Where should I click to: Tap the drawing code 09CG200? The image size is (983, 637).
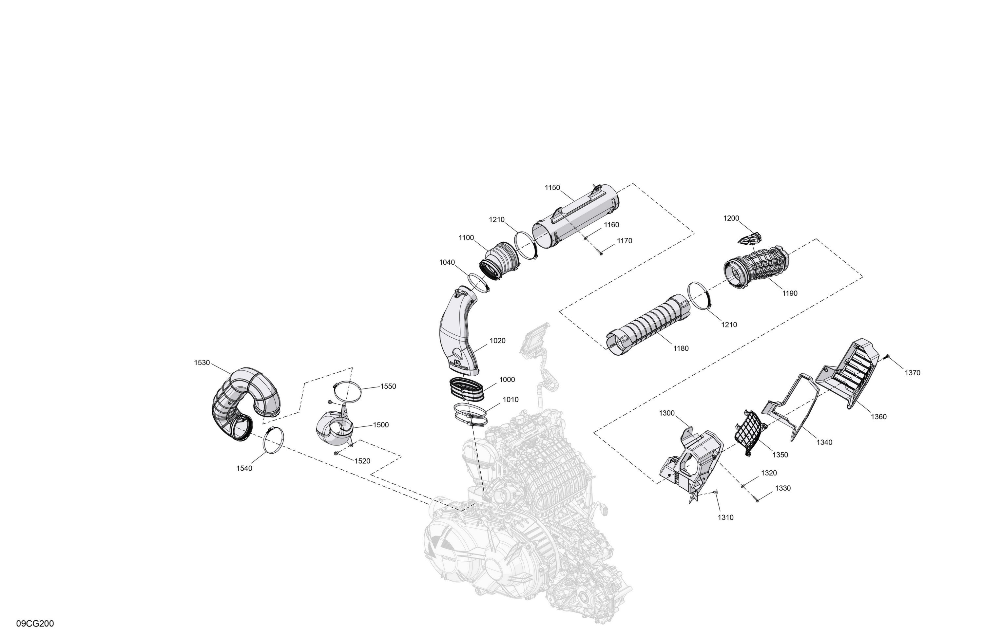click(35, 623)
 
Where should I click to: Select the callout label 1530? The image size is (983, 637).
click(202, 363)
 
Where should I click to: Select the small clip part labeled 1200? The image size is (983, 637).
click(750, 238)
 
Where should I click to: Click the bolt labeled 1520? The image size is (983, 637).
click(336, 454)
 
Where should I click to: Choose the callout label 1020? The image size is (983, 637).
click(497, 341)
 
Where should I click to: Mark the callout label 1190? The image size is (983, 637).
click(790, 293)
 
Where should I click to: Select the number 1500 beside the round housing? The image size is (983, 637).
click(381, 425)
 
